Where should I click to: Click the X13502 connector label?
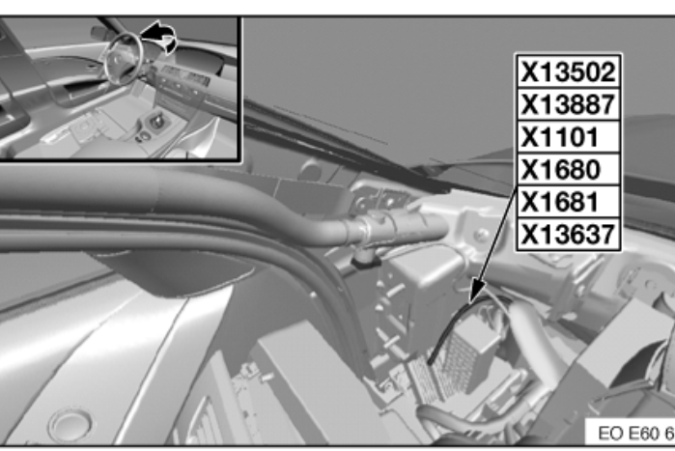click(x=568, y=71)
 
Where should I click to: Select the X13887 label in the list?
click(x=568, y=104)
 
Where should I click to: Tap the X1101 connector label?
click(x=560, y=137)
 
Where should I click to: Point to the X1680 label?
click(x=560, y=170)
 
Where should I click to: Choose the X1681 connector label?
click(x=560, y=202)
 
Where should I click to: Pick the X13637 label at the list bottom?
click(x=568, y=235)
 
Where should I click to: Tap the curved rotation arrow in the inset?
click(x=160, y=37)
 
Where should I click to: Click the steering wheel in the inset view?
click(x=123, y=58)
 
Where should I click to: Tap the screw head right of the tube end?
click(x=481, y=235)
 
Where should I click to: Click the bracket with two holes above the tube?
click(x=380, y=200)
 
